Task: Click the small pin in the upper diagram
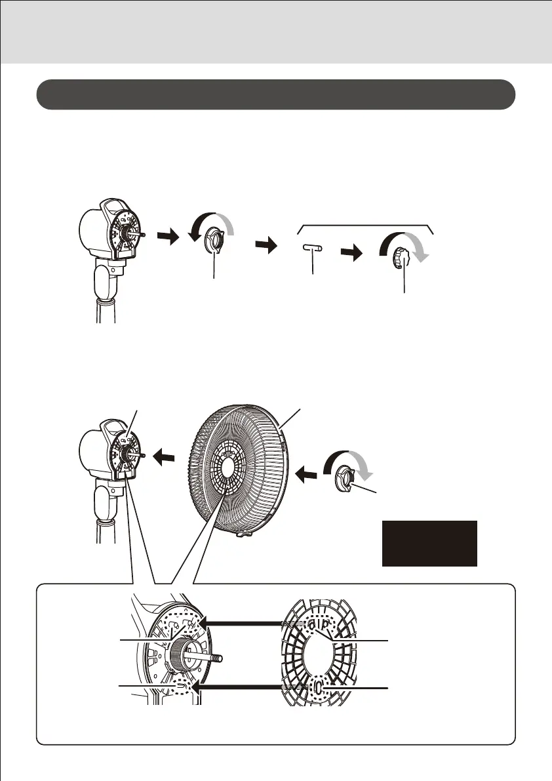click(x=313, y=249)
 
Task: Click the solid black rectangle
click(x=429, y=543)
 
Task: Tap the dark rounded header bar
click(x=275, y=95)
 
